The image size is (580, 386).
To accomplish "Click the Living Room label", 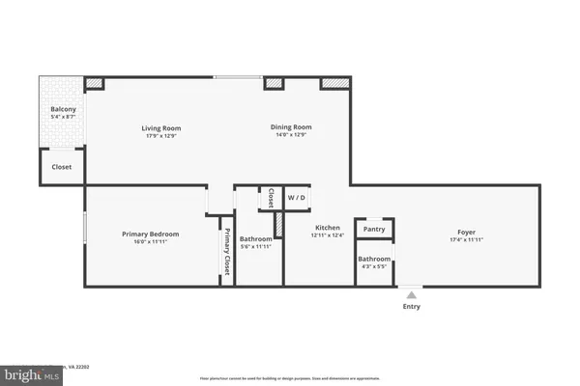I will (161, 127).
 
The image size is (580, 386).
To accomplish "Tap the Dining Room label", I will (290, 127).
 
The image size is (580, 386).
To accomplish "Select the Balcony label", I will (63, 110).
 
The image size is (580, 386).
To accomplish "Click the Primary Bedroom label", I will (150, 234).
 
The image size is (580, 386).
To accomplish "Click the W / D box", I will (296, 198).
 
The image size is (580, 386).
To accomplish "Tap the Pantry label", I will (374, 229).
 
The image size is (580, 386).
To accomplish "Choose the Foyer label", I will (467, 232).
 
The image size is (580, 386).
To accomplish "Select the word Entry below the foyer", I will (412, 307).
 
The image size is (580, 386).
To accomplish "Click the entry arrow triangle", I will (412, 293).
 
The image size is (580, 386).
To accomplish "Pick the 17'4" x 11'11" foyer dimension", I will (467, 239).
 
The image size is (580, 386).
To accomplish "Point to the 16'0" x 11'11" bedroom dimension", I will (150, 241).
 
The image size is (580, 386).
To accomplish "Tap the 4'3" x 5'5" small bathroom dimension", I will (374, 266).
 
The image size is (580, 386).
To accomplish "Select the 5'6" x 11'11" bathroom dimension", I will (256, 246).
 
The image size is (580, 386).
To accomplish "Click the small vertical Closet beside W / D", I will (272, 198).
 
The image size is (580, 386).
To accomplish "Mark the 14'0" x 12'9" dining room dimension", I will (290, 135).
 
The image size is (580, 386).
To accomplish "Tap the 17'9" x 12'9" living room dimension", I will (161, 135).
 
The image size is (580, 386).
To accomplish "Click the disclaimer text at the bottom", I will (290, 377).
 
